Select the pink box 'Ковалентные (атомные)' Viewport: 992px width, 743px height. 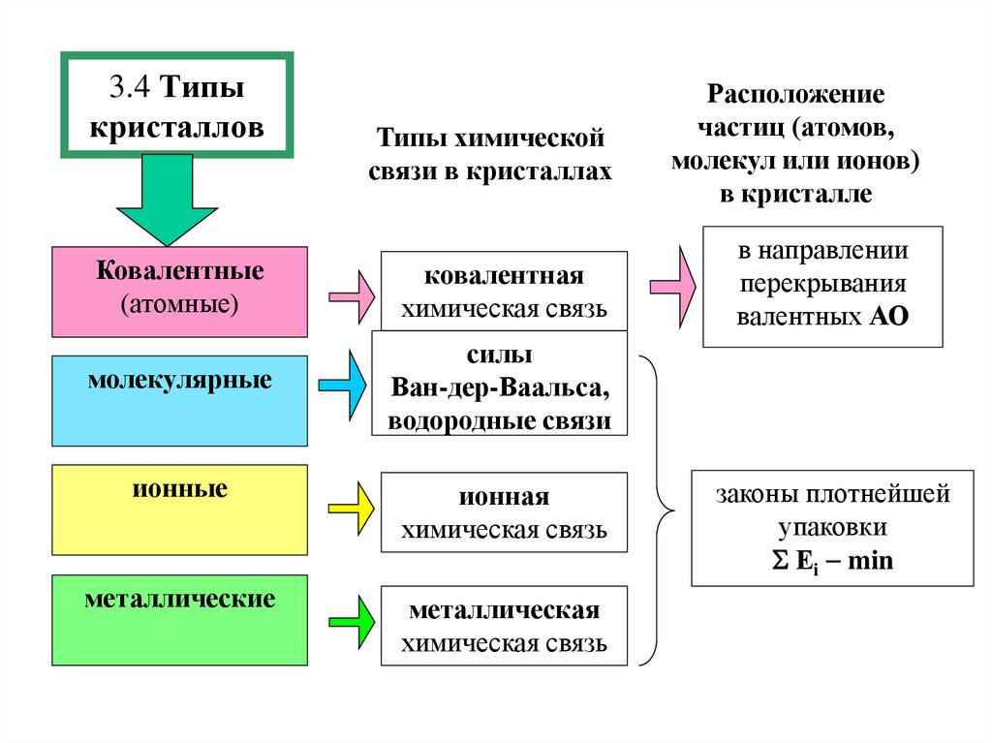click(x=179, y=291)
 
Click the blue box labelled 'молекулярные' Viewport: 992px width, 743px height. click(x=179, y=400)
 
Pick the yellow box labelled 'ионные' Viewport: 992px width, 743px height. click(x=179, y=510)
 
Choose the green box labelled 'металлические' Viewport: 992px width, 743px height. click(x=179, y=620)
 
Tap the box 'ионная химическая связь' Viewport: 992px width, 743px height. click(x=504, y=512)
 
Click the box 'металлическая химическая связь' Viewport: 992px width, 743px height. click(x=504, y=626)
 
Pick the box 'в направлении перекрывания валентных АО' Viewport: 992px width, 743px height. click(x=821, y=286)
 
